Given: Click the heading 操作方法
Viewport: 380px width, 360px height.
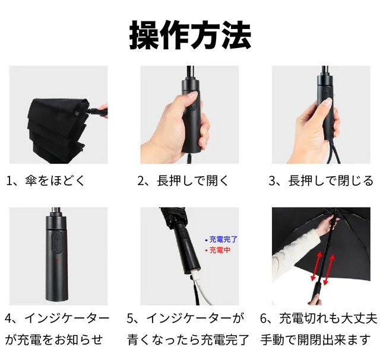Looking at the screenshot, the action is (190, 35).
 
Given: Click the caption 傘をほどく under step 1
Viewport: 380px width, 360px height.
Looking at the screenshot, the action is (55, 181).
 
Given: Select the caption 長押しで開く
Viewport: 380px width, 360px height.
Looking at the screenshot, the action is (192, 181).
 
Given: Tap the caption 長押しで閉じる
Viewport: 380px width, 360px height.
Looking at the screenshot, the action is (331, 181).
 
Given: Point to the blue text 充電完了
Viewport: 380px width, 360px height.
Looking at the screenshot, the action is (223, 240).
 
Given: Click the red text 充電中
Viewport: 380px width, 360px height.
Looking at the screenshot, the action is (220, 250).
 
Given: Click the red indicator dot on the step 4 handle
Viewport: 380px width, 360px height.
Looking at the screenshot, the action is (58, 260).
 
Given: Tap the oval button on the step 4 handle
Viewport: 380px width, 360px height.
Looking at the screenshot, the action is (58, 242).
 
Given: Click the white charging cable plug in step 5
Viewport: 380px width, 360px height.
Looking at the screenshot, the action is (195, 275).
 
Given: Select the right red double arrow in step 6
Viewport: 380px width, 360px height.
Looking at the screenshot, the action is (329, 269).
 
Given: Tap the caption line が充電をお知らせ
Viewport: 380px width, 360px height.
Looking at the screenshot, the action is (54, 339).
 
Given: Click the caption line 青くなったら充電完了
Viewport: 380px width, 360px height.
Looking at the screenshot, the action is (188, 339).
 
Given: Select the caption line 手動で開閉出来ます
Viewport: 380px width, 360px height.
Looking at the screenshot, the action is (316, 339).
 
